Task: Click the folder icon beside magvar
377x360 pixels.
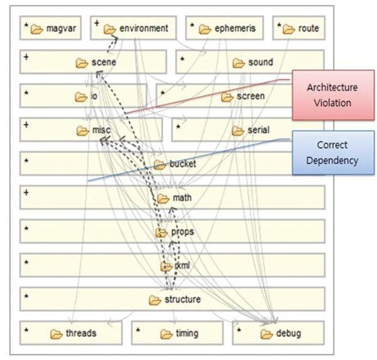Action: tap(36, 29)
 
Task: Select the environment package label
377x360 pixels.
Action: tap(144, 28)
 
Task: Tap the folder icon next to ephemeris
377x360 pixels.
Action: tap(205, 29)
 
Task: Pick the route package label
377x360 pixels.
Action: tap(309, 28)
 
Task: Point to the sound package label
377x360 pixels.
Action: tap(260, 62)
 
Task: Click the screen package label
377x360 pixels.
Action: tap(251, 96)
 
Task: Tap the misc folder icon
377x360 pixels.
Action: tap(82, 130)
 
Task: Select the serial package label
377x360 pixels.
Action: tap(259, 130)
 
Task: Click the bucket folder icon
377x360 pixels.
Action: tap(159, 165)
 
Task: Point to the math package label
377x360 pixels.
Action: tap(182, 199)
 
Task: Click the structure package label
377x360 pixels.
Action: tap(182, 300)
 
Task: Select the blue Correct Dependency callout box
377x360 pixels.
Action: tap(333, 152)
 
